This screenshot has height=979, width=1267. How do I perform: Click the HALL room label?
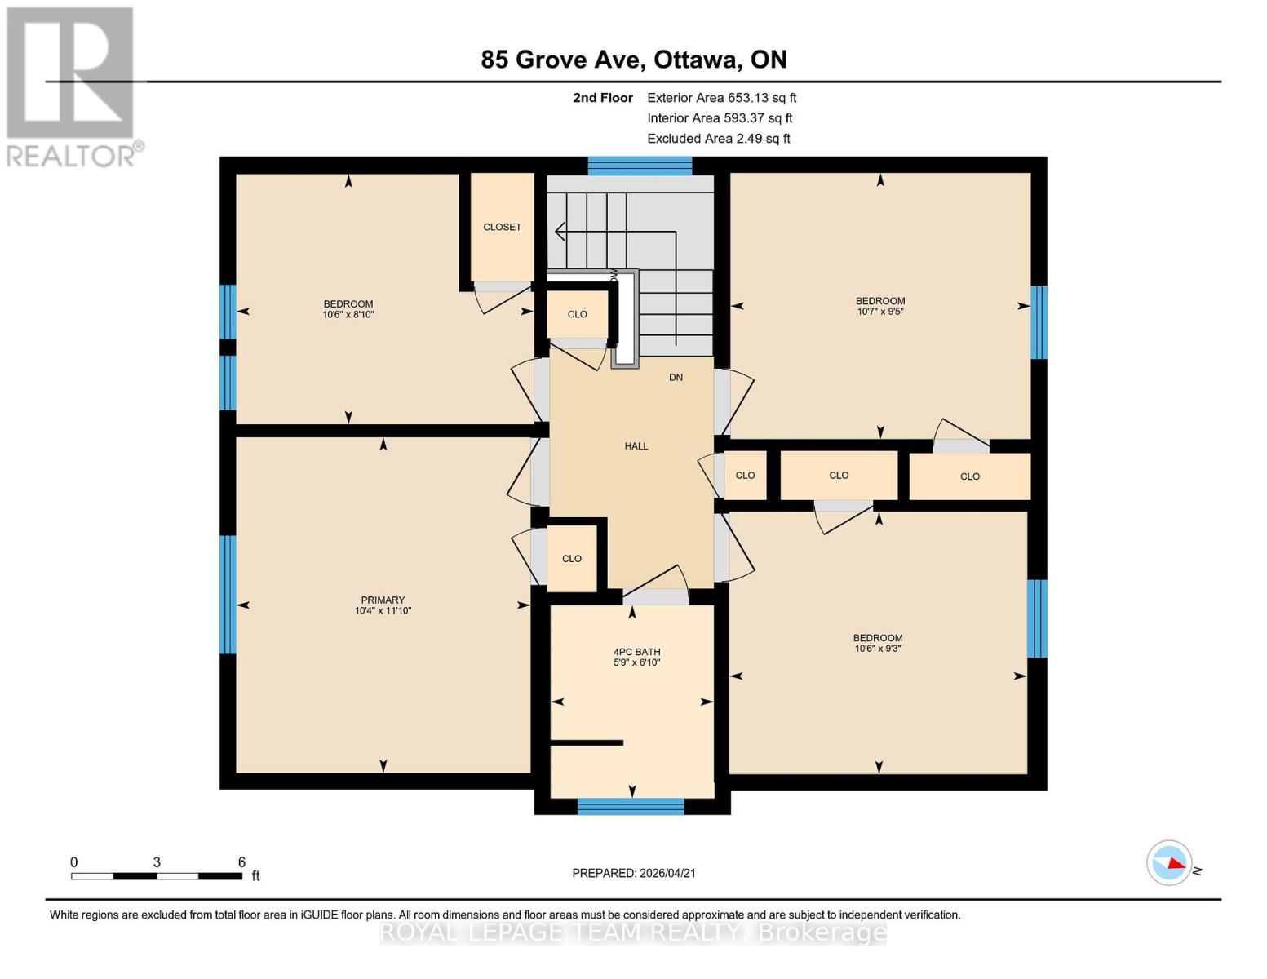pyautogui.click(x=636, y=446)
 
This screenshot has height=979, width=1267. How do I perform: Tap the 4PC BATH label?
pyautogui.click(x=636, y=652)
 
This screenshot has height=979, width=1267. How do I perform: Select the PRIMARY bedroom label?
pyautogui.click(x=383, y=600)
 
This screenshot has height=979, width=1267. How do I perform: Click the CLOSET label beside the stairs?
pyautogui.click(x=502, y=227)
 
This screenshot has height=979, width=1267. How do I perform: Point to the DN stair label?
pyautogui.click(x=676, y=377)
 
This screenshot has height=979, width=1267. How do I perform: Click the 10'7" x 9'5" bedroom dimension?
pyautogui.click(x=879, y=312)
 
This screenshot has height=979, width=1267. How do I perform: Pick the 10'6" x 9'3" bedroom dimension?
pyautogui.click(x=878, y=649)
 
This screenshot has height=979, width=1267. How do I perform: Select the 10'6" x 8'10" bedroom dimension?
pyautogui.click(x=348, y=315)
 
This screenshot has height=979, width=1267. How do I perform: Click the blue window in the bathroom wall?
pyautogui.click(x=631, y=807)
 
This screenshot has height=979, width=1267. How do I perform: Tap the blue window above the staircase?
pyautogui.click(x=640, y=166)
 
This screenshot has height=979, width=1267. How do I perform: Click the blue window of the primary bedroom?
pyautogui.click(x=228, y=595)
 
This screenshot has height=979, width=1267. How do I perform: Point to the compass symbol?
pyautogui.click(x=1169, y=862)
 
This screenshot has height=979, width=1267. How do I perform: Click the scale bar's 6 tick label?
pyautogui.click(x=241, y=862)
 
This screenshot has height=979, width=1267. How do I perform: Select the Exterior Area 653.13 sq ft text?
pyautogui.click(x=721, y=98)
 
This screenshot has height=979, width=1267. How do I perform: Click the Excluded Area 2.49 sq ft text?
pyautogui.click(x=718, y=139)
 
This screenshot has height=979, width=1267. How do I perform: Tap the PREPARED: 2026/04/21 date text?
pyautogui.click(x=634, y=873)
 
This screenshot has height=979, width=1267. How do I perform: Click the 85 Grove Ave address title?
pyautogui.click(x=634, y=60)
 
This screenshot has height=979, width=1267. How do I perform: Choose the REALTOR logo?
pyautogui.click(x=72, y=86)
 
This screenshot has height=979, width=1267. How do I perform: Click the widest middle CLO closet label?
pyautogui.click(x=839, y=476)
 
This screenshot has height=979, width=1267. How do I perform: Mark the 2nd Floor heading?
pyautogui.click(x=603, y=98)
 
